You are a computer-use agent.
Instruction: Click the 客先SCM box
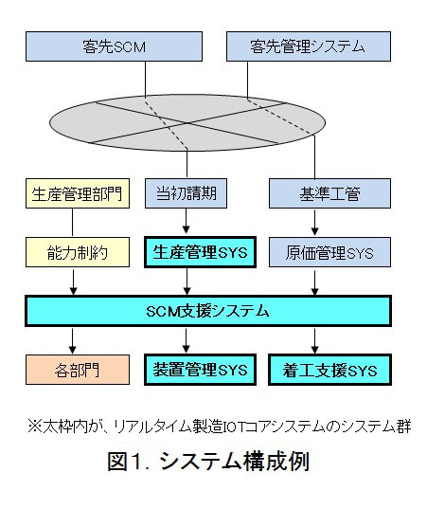click(x=115, y=46)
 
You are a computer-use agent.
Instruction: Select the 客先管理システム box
click(x=309, y=46)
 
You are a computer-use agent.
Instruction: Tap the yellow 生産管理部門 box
click(x=78, y=193)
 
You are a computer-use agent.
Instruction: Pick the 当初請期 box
click(x=186, y=193)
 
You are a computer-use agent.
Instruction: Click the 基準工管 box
click(x=329, y=193)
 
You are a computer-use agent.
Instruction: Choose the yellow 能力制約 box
click(x=78, y=252)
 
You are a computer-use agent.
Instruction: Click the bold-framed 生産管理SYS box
click(x=200, y=252)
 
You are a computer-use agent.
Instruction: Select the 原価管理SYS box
click(x=329, y=252)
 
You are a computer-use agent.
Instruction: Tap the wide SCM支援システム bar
click(x=208, y=311)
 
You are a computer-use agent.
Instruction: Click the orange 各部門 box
click(x=78, y=370)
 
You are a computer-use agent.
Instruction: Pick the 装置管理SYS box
click(x=200, y=370)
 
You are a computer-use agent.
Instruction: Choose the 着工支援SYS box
click(x=329, y=370)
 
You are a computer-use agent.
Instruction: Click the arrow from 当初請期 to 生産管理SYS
click(x=187, y=221)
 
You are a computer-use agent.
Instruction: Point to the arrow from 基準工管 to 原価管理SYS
click(x=314, y=222)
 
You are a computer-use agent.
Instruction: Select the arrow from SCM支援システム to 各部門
click(x=73, y=340)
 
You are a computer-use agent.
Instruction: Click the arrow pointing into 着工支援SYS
click(x=314, y=340)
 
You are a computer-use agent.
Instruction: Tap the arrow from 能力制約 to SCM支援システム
click(x=73, y=282)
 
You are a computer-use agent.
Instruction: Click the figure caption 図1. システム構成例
click(x=208, y=461)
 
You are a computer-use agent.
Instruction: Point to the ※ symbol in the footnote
click(x=35, y=427)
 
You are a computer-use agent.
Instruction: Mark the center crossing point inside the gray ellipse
click(x=187, y=123)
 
